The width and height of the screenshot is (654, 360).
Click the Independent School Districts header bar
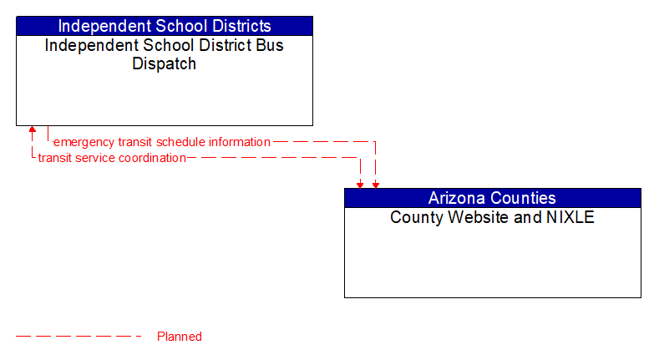click(165, 26)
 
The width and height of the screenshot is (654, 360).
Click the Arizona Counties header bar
click(492, 198)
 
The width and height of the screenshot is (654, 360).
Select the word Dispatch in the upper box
click(165, 63)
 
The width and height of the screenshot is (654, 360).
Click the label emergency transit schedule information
click(162, 142)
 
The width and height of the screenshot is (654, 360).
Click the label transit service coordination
click(112, 158)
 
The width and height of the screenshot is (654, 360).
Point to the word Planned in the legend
click(180, 337)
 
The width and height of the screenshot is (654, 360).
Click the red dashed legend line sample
click(79, 337)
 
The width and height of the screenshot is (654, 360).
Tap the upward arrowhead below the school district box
click(33, 131)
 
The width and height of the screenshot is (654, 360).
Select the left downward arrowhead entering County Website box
click(360, 184)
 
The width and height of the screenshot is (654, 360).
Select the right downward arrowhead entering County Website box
click(375, 184)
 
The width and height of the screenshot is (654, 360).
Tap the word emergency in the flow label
click(84, 142)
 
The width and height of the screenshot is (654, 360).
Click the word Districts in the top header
click(240, 26)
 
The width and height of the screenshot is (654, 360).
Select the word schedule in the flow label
click(182, 142)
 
